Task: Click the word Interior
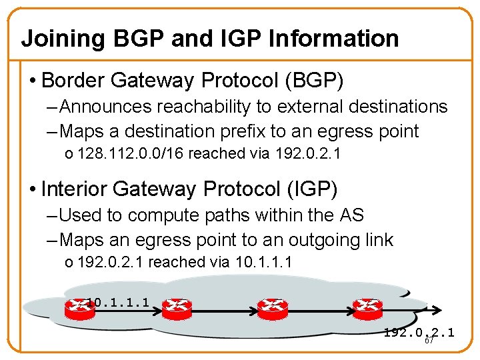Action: click(74, 189)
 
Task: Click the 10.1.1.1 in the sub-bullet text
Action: click(263, 262)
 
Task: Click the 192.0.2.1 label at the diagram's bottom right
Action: click(419, 332)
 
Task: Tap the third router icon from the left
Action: click(272, 306)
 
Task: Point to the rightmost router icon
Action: click(367, 306)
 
